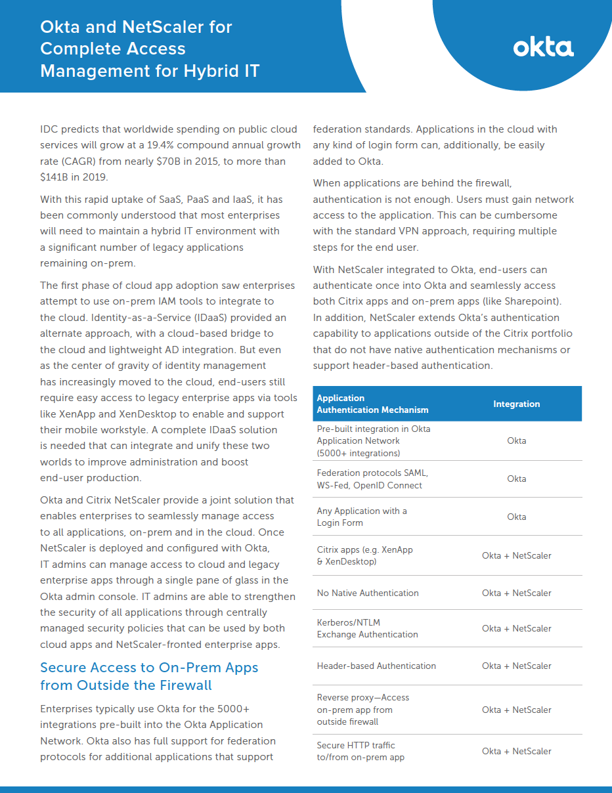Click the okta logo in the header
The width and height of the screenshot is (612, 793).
coord(543,48)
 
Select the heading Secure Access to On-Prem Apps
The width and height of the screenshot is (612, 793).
coord(149,668)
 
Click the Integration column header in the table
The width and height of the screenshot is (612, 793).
coord(516,404)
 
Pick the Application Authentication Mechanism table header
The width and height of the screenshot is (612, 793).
coord(372,404)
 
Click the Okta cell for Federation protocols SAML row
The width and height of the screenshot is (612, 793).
coord(516,479)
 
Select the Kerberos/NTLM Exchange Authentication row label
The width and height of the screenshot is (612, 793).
coord(367,628)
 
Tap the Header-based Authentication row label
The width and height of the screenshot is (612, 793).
coord(376,666)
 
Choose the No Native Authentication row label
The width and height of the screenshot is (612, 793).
coord(368,593)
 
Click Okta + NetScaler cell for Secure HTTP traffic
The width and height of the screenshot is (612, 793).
coord(516,751)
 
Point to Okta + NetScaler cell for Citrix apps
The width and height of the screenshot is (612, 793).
coord(516,555)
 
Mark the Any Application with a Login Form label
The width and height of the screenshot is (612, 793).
coord(362,517)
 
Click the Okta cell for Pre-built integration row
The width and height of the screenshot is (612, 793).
coord(516,440)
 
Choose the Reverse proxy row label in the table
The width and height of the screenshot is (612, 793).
coord(362,710)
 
